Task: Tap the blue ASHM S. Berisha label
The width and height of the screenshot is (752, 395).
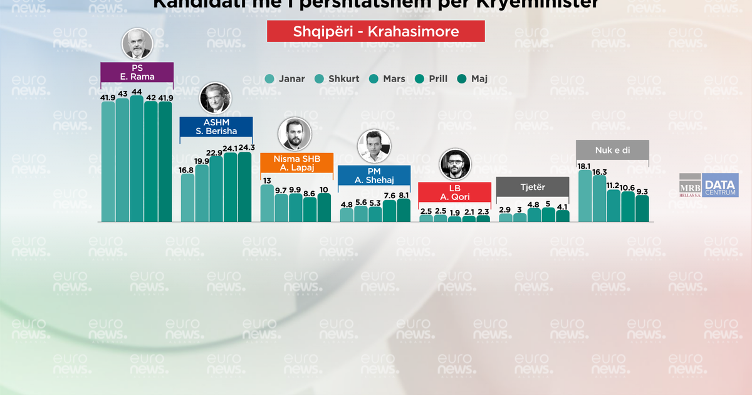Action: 216,127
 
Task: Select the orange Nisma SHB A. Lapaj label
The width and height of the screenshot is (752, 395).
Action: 296,163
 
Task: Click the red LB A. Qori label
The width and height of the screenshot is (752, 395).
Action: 455,192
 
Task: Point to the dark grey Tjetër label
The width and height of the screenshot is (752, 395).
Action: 532,186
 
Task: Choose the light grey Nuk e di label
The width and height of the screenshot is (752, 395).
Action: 612,150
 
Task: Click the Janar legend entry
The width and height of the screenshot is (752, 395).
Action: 285,79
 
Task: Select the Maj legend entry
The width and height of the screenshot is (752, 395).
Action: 473,79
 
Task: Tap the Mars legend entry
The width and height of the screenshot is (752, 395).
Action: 387,79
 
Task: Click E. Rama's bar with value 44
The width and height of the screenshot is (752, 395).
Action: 137,160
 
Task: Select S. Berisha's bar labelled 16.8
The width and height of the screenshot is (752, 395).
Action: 187,197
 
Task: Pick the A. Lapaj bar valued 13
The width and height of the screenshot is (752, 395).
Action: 267,203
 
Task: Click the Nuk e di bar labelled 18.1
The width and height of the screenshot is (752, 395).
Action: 585,196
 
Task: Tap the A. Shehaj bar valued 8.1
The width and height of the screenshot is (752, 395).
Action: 404,211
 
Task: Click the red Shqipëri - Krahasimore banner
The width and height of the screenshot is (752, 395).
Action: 375,31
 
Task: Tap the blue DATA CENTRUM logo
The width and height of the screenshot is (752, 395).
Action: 720,185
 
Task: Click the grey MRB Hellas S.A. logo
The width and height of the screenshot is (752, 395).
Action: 691,185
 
